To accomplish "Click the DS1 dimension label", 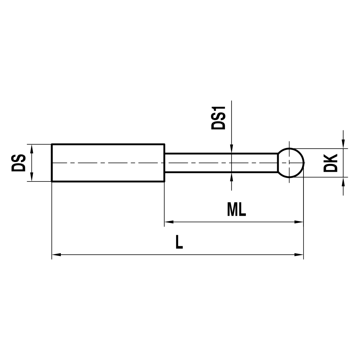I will (x=218, y=118).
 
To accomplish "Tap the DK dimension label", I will (x=330, y=163).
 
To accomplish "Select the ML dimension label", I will (x=237, y=210).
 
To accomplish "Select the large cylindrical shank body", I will (x=108, y=163).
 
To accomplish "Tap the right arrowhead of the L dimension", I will (x=300, y=255).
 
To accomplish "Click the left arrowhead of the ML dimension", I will (x=169, y=222).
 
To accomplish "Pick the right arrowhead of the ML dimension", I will (x=300, y=222).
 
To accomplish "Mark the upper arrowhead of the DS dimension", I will (x=32, y=148).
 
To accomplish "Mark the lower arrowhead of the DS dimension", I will (x=32, y=177).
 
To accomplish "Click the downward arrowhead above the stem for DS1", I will (x=231, y=149).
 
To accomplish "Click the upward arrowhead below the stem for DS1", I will (x=231, y=176).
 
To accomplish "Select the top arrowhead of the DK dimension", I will (x=344, y=144).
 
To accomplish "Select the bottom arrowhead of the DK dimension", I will (x=344, y=181).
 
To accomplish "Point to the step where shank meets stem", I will (x=165, y=163).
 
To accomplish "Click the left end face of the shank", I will (x=52, y=163).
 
